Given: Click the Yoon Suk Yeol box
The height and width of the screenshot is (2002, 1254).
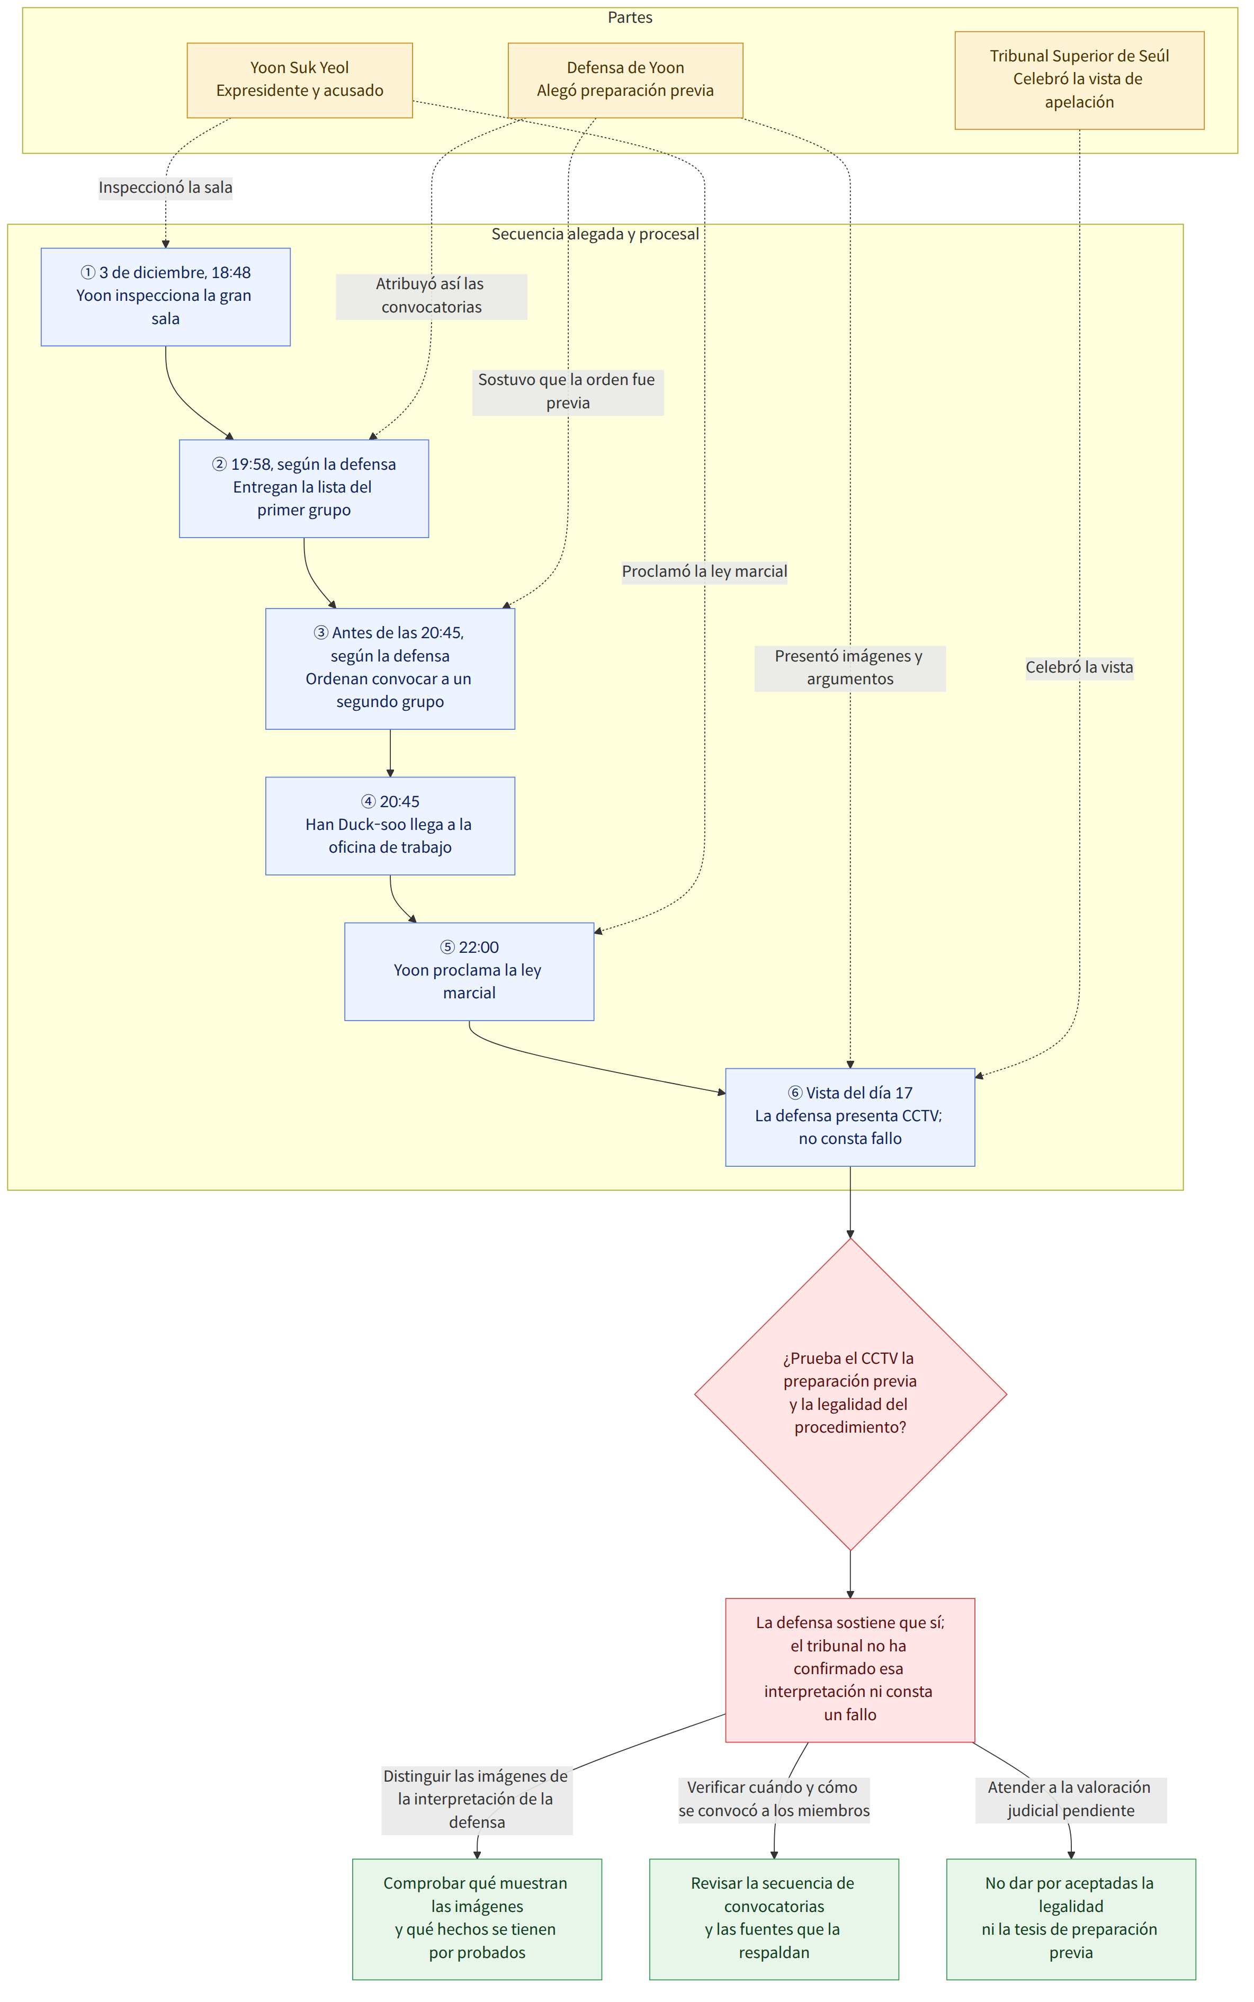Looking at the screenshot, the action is (299, 81).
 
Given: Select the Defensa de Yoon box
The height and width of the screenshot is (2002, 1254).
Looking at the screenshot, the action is (625, 81).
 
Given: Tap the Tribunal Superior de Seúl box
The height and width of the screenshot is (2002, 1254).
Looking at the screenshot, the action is (1079, 81).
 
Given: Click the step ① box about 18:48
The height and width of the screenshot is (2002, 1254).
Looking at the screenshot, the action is (166, 297).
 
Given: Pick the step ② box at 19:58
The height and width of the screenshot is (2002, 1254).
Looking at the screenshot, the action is (303, 488).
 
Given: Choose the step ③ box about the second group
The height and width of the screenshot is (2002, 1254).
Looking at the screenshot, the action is (390, 668).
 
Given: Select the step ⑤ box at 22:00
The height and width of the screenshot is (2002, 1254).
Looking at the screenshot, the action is (469, 971).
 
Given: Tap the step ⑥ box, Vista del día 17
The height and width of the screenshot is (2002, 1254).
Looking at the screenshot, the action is (850, 1117).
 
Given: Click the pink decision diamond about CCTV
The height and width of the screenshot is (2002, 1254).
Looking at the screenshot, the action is (850, 1393).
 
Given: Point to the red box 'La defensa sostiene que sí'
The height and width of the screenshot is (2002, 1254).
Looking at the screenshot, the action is (850, 1669).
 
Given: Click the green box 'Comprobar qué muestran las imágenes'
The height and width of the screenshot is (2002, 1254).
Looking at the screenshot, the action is (477, 1918).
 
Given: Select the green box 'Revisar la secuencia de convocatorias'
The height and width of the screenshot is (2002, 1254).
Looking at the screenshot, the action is (774, 1918).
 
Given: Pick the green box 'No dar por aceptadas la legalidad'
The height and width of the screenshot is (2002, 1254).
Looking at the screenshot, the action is (1071, 1918).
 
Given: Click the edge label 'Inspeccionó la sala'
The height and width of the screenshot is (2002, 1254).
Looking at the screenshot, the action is (166, 187).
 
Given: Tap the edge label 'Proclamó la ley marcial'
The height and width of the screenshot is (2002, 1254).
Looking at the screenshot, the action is (705, 571).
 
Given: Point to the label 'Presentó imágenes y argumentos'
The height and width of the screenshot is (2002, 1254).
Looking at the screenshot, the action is (850, 668).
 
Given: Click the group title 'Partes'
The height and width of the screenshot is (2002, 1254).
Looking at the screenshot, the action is (630, 17).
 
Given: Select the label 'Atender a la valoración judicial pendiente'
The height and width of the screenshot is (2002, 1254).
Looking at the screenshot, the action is (1071, 1799).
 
